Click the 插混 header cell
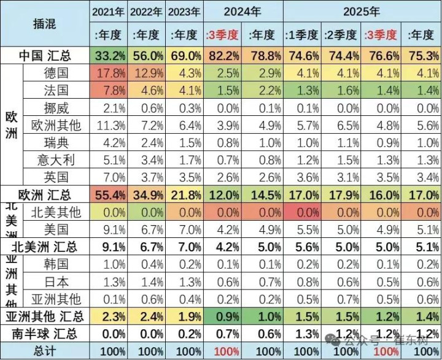point(45,23)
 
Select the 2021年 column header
point(108,12)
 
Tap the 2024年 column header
point(244,12)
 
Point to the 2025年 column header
point(362,12)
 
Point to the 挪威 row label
point(56,109)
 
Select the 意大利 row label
point(56,161)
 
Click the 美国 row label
point(56,230)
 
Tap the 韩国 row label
point(56,265)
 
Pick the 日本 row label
point(56,282)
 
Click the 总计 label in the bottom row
point(45,351)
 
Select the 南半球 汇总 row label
point(45,334)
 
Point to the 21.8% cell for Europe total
point(185,196)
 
